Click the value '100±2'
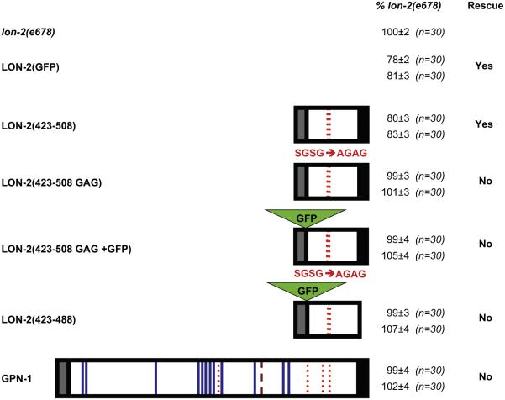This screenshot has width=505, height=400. (x=392, y=31)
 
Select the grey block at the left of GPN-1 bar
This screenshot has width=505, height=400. (x=64, y=376)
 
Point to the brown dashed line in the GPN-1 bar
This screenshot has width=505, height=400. (x=260, y=376)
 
